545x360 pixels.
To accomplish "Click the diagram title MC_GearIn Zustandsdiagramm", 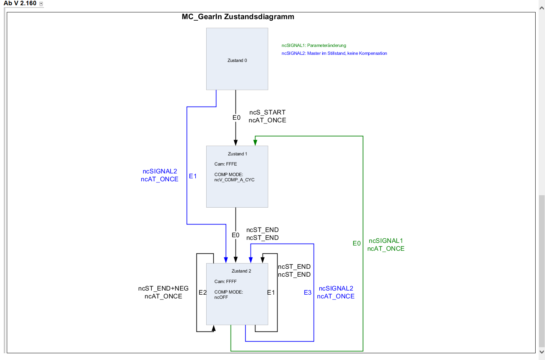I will (x=238, y=17).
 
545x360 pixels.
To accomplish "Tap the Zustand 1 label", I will (x=237, y=154).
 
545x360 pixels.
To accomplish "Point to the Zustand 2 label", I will (x=241, y=271).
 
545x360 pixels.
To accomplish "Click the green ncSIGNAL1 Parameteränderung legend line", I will (x=314, y=45).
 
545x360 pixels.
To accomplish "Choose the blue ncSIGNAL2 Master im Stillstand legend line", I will (x=334, y=53).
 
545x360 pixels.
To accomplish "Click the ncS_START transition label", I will (x=267, y=112).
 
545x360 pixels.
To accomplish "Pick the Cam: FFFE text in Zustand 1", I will (x=225, y=164).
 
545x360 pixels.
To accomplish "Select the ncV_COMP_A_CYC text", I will (x=234, y=180).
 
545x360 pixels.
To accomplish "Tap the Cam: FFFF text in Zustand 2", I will (x=225, y=282).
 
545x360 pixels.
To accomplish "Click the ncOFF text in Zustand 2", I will (x=221, y=297).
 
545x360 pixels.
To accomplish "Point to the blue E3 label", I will (x=308, y=293).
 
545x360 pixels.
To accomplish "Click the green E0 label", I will (x=356, y=244).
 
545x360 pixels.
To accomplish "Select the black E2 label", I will (x=202, y=293).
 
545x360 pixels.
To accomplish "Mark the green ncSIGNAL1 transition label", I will (x=386, y=241).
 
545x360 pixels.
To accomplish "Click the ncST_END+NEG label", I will (x=163, y=289).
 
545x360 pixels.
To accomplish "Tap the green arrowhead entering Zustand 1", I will (x=255, y=143).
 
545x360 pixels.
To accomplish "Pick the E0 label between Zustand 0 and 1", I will (x=236, y=118).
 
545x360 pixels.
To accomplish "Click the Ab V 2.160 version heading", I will (x=20, y=3).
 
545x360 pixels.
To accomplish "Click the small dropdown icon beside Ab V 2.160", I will (x=41, y=4).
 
